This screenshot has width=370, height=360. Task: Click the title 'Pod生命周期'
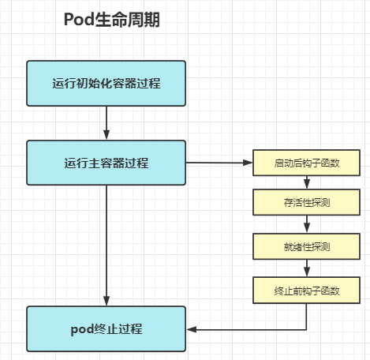click(x=111, y=21)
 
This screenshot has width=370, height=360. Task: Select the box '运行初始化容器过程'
click(x=107, y=83)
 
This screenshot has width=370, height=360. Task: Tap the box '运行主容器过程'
click(x=107, y=163)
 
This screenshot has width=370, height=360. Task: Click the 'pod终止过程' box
click(x=107, y=328)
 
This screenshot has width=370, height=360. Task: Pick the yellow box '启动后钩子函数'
click(x=307, y=163)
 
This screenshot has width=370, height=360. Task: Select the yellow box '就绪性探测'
click(x=307, y=247)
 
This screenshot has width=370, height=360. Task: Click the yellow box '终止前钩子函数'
click(x=307, y=291)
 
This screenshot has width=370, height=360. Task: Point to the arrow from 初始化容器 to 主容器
click(x=107, y=123)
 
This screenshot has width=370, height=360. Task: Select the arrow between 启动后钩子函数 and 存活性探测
click(x=307, y=183)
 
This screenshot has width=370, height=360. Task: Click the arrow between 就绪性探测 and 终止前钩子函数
click(x=307, y=269)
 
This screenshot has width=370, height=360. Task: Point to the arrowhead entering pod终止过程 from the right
click(x=192, y=328)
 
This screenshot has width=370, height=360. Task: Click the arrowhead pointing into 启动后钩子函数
click(x=247, y=163)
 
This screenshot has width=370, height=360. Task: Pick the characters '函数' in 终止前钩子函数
click(x=331, y=291)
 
